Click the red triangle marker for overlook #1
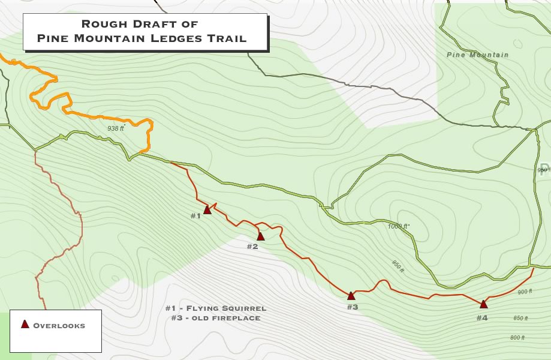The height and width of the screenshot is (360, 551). pyautogui.click(x=207, y=209)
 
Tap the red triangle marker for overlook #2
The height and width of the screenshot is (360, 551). pyautogui.click(x=260, y=236)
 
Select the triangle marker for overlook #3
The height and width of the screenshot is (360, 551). pyautogui.click(x=351, y=295)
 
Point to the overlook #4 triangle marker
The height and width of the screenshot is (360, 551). pyautogui.click(x=483, y=304)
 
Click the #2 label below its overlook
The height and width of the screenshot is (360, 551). pyautogui.click(x=252, y=246)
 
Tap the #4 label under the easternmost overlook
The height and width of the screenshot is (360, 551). pyautogui.click(x=482, y=317)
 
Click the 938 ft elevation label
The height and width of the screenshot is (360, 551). pyautogui.click(x=116, y=128)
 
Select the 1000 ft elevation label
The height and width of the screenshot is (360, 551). pyautogui.click(x=398, y=226)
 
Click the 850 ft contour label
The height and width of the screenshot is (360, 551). pyautogui.click(x=520, y=318)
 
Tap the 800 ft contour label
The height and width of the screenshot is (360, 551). pyautogui.click(x=517, y=338)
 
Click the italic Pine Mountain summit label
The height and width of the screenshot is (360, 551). pyautogui.click(x=477, y=55)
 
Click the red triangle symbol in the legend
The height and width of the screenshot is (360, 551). pyautogui.click(x=25, y=325)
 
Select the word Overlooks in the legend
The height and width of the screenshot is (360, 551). pyautogui.click(x=59, y=326)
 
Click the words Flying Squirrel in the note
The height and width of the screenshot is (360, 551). pyautogui.click(x=229, y=308)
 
